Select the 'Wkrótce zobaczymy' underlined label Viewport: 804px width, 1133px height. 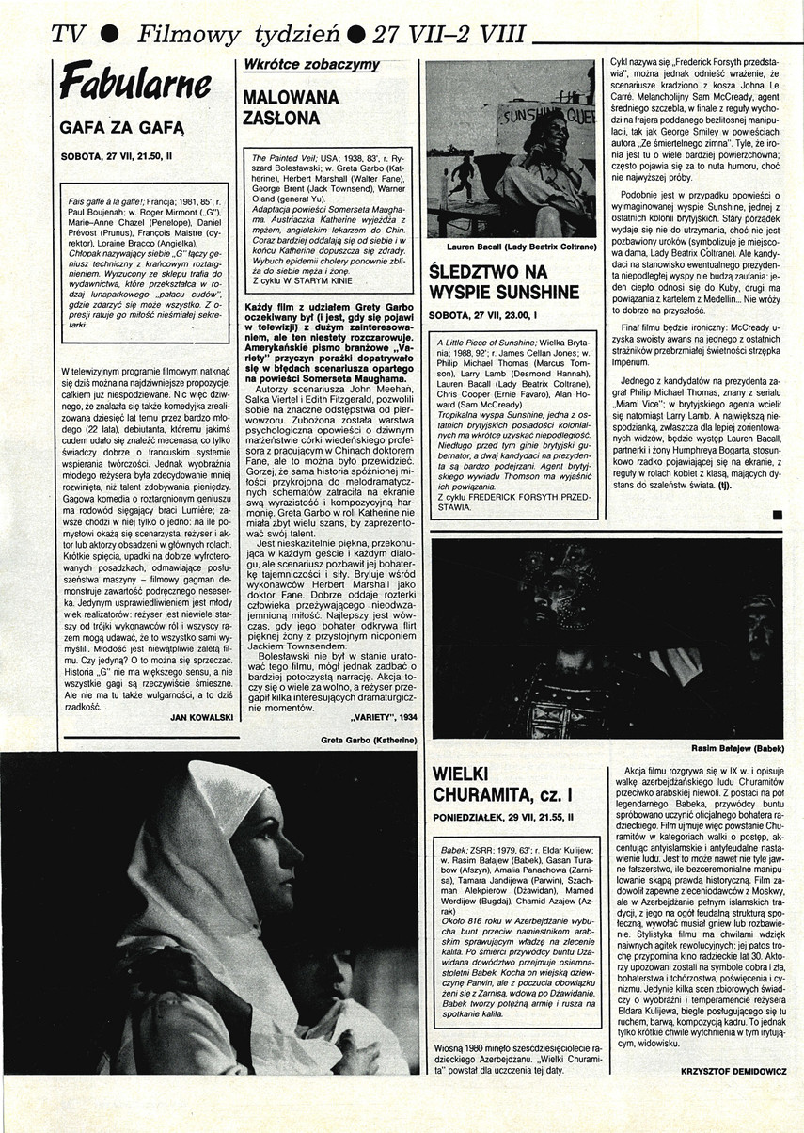[298, 64]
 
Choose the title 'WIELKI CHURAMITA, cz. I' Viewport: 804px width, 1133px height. [503, 789]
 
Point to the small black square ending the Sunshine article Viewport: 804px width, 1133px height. [777, 514]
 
